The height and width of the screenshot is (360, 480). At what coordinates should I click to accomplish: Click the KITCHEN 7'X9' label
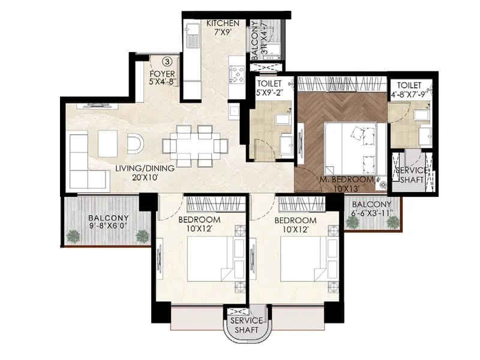pyautogui.click(x=223, y=28)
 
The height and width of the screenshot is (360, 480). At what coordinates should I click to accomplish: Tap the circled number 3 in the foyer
pyautogui.click(x=168, y=61)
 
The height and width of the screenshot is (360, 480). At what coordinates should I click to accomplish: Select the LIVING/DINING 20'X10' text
pyautogui.click(x=145, y=173)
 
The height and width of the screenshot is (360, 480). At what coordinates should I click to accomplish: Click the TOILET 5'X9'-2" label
pyautogui.click(x=270, y=89)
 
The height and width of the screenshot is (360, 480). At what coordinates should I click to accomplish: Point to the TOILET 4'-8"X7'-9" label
pyautogui.click(x=412, y=89)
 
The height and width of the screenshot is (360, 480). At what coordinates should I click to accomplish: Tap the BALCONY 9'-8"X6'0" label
pyautogui.click(x=109, y=223)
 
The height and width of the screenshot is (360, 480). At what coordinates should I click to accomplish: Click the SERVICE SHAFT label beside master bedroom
pyautogui.click(x=411, y=175)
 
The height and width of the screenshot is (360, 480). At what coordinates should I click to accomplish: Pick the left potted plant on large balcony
pyautogui.click(x=73, y=235)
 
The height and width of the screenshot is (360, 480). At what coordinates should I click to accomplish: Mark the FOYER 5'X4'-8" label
pyautogui.click(x=162, y=78)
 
